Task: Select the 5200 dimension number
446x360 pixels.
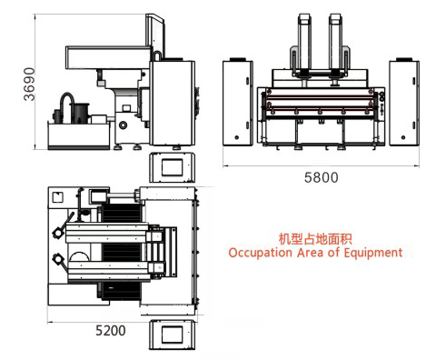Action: pos(109,331)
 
